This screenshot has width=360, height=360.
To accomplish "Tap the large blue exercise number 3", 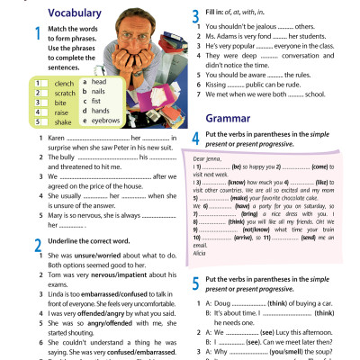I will click(x=195, y=15).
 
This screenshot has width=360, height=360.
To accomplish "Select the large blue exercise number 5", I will click(x=195, y=285).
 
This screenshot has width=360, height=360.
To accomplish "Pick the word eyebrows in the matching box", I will click(x=105, y=119).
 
